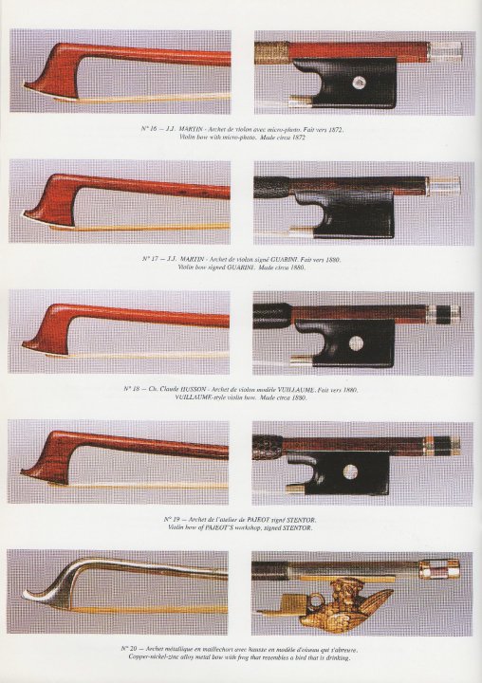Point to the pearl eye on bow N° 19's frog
[x=350, y=471]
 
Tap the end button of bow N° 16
[x=445, y=49]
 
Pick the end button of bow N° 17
[x=444, y=184]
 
